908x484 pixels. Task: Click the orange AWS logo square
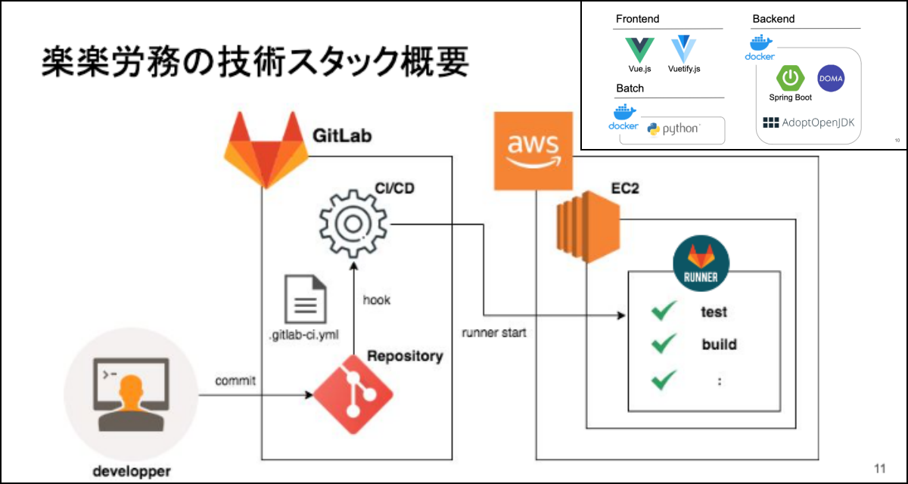[533, 150]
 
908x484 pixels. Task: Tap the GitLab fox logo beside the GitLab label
[266, 150]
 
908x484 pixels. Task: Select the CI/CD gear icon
[353, 224]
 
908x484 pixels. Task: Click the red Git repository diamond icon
[353, 395]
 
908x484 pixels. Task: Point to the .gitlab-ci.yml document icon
[305, 299]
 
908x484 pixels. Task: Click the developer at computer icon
[131, 394]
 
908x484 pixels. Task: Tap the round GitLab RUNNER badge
[701, 263]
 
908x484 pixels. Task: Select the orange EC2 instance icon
[588, 227]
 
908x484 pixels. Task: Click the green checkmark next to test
[664, 311]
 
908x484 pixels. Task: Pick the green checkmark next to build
[664, 343]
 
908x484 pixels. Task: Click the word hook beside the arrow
[377, 300]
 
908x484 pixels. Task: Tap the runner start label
[494, 333]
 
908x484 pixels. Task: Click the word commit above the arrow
[235, 380]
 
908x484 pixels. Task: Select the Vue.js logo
[639, 50]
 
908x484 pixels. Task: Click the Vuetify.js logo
[684, 49]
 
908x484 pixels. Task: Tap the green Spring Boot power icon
[790, 78]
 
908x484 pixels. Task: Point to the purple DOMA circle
[831, 79]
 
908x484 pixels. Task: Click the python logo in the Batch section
[673, 129]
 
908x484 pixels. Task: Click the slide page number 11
[879, 469]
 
